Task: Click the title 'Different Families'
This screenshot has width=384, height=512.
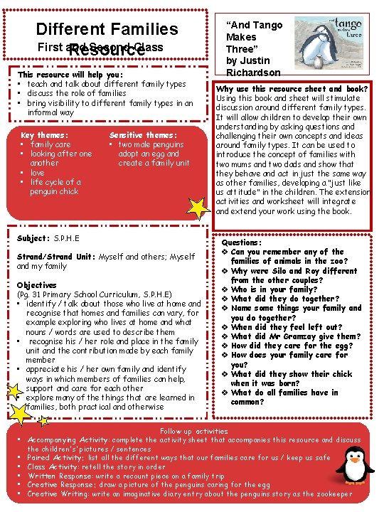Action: pyautogui.click(x=107, y=29)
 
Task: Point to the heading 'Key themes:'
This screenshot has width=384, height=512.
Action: pyautogui.click(x=45, y=135)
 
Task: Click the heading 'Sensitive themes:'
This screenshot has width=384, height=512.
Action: pyautogui.click(x=143, y=135)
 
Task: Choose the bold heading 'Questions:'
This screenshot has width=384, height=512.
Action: pyautogui.click(x=242, y=242)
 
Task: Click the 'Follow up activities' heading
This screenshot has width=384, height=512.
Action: pyautogui.click(x=194, y=432)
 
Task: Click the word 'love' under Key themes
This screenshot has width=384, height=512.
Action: pyautogui.click(x=37, y=173)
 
